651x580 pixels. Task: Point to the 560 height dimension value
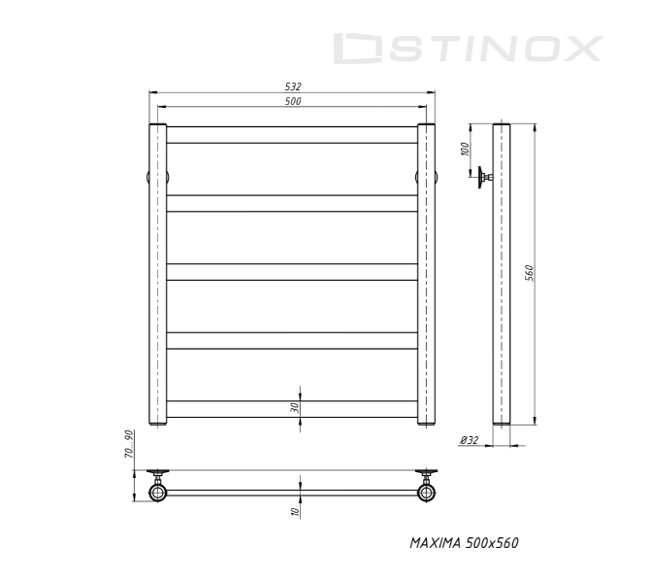coord(530,274)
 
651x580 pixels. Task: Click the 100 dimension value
coord(465,149)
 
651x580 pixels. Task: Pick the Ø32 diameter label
coord(470,440)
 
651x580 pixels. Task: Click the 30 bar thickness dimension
coord(294,408)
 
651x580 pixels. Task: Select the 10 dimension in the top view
coord(294,511)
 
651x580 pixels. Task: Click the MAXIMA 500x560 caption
coord(464,542)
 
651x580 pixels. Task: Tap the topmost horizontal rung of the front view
coord(293,135)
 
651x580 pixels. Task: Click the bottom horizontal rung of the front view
coord(293,409)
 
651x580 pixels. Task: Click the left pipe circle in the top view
coord(158,493)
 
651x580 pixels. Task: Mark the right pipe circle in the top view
coord(427,493)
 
